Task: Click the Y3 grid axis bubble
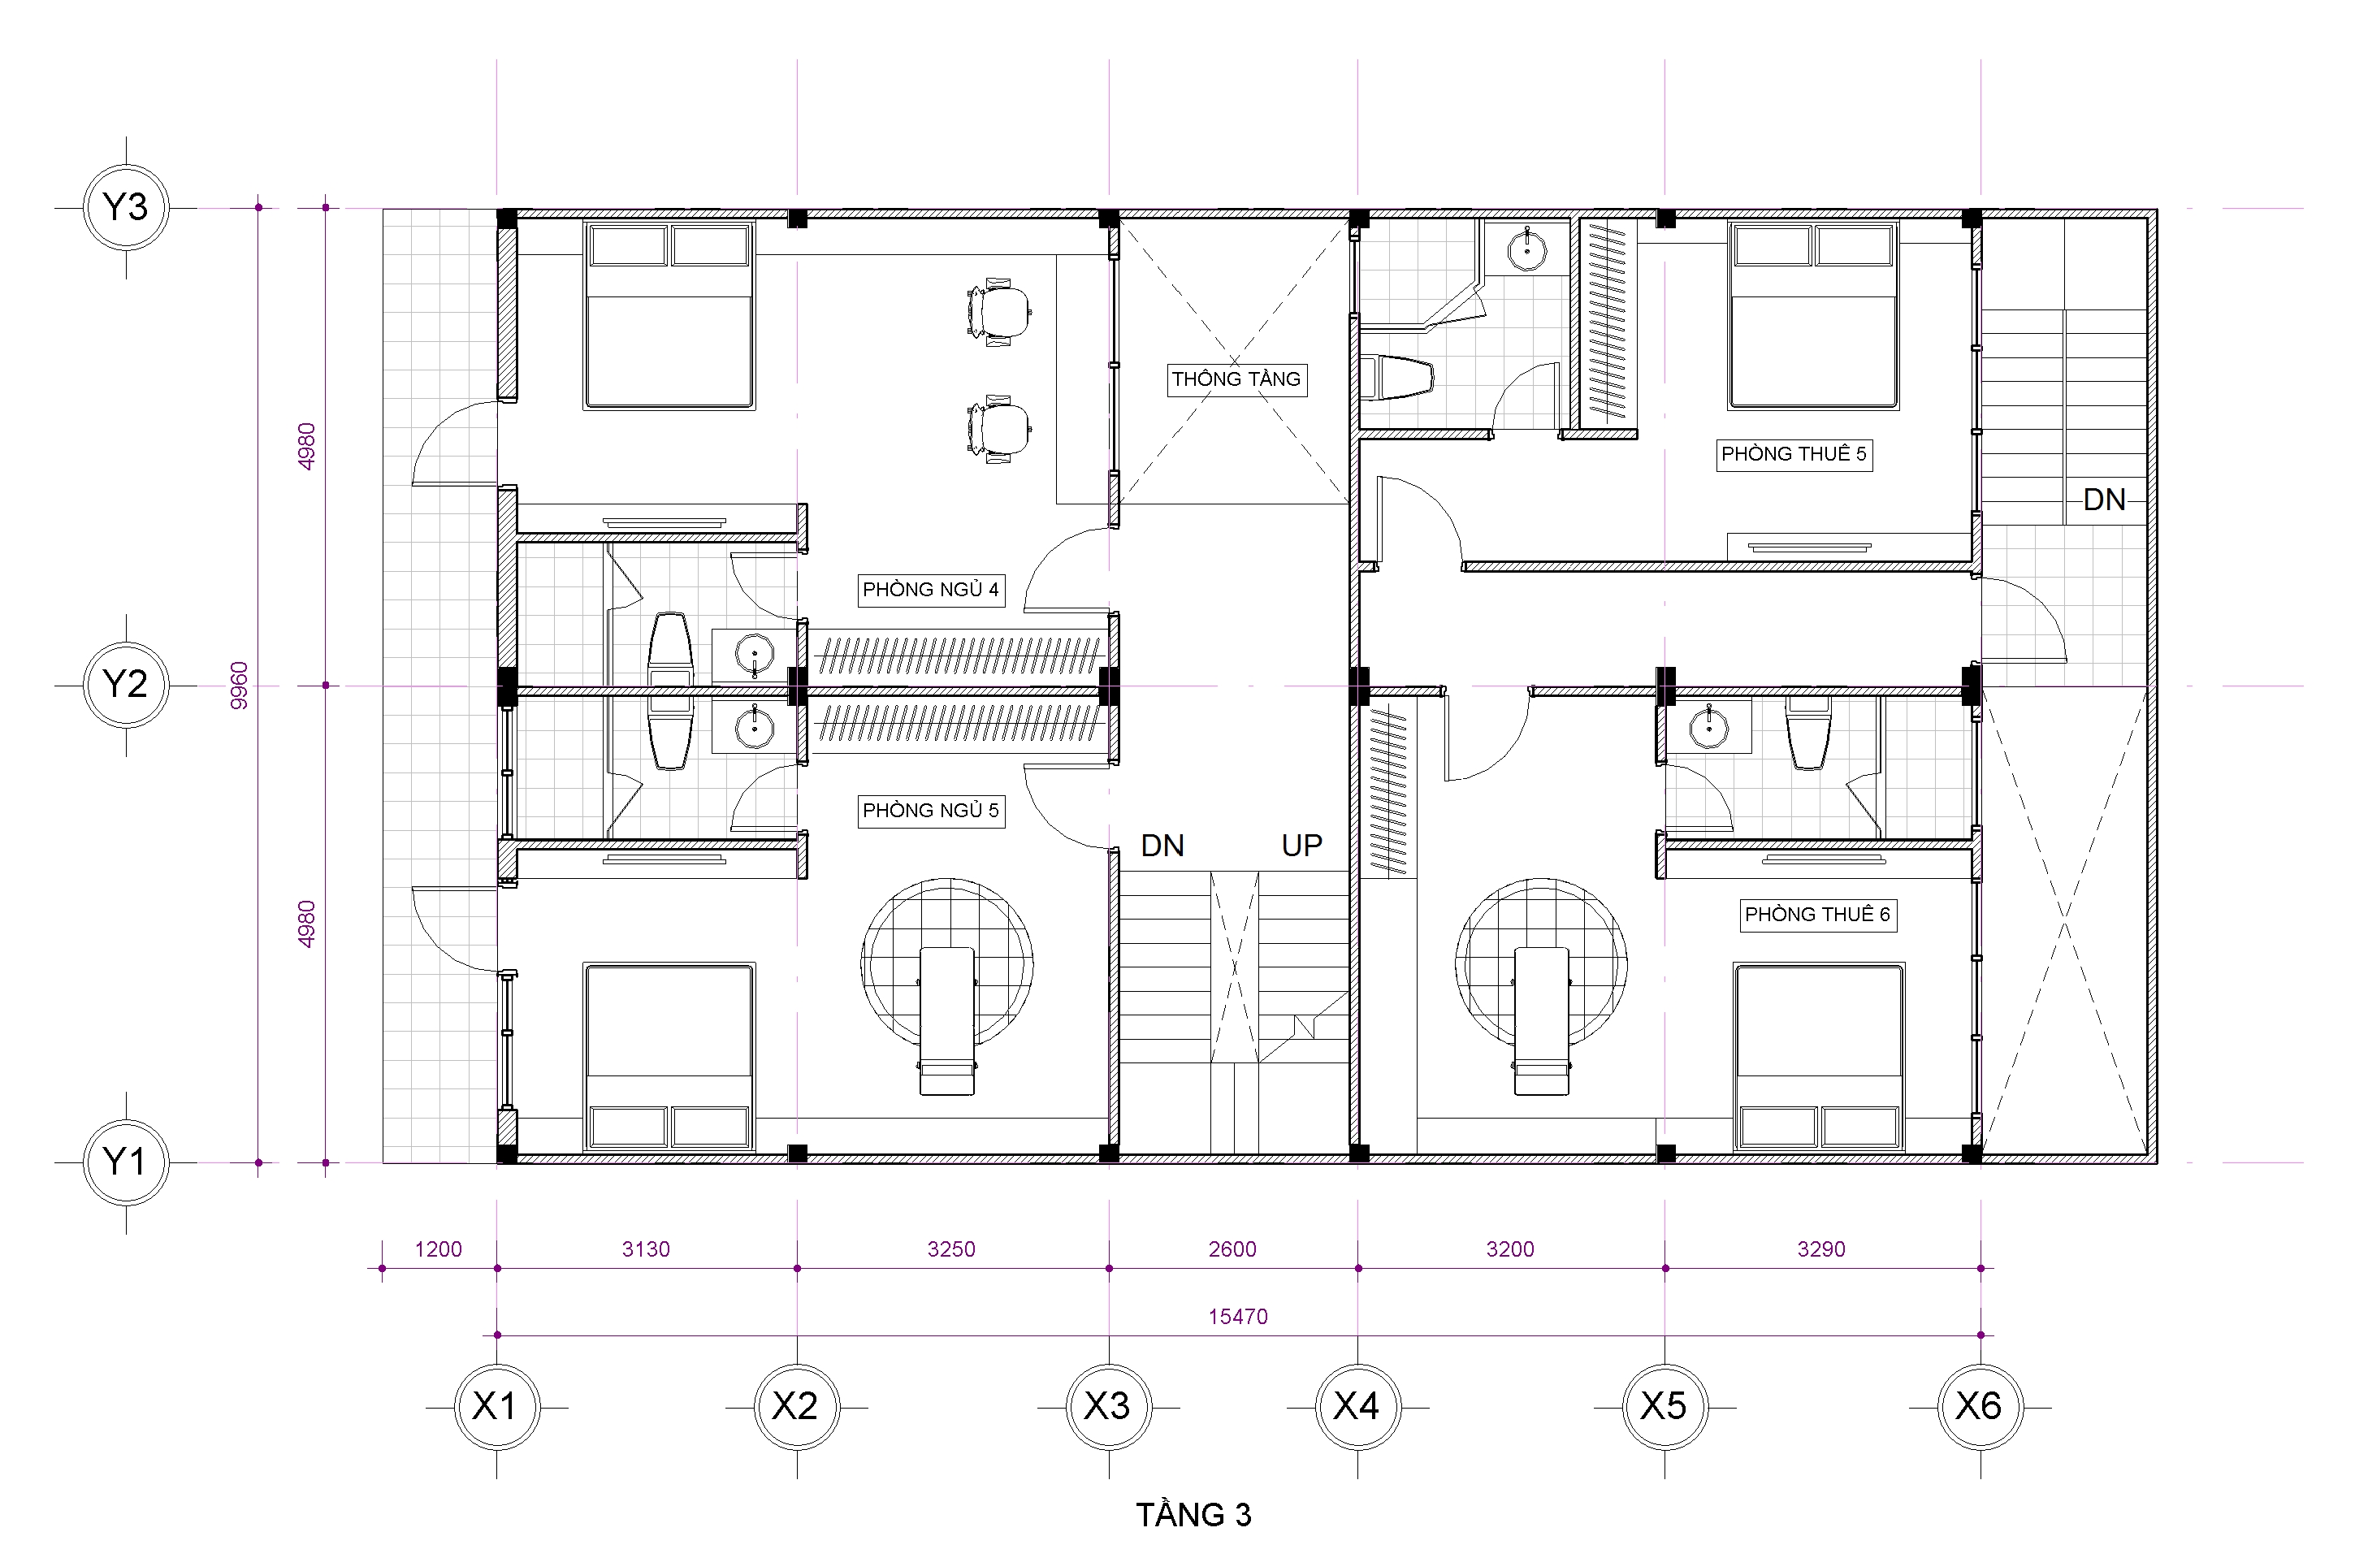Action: tap(125, 208)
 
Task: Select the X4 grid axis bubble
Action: tap(1357, 1407)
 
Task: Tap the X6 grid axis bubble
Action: tap(1980, 1407)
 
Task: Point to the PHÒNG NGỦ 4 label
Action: tap(930, 589)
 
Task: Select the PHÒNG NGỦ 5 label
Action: tap(930, 811)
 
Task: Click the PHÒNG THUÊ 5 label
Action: tap(1794, 454)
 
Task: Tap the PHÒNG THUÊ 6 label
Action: tap(1817, 914)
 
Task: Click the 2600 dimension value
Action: tap(1232, 1249)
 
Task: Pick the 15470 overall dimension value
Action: tap(1238, 1317)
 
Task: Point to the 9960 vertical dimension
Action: tap(240, 686)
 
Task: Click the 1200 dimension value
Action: tap(438, 1249)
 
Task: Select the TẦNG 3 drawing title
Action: tap(1193, 1514)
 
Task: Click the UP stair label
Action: tap(1301, 846)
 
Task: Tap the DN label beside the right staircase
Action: tap(2105, 500)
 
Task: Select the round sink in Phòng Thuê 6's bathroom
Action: tap(1708, 727)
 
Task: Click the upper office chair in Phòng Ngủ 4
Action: tap(998, 314)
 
